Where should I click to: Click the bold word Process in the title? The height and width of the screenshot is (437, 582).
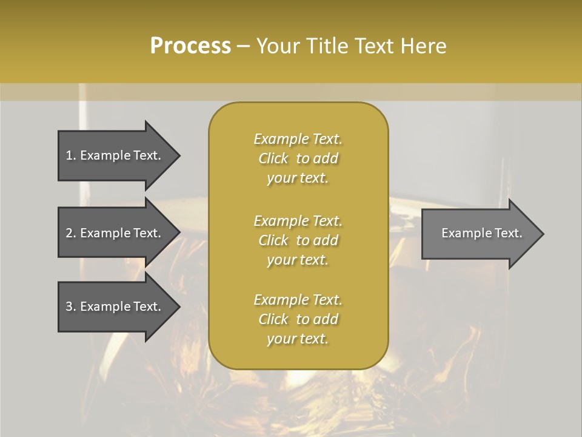click(x=190, y=46)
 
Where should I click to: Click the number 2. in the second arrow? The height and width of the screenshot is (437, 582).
click(x=71, y=233)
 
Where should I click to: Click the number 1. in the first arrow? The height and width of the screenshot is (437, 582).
click(x=71, y=155)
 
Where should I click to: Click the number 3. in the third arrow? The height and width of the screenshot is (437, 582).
click(x=71, y=307)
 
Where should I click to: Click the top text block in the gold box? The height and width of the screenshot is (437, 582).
click(x=298, y=158)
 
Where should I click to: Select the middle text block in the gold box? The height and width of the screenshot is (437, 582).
click(x=298, y=240)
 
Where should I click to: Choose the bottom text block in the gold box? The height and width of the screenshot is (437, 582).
click(x=298, y=319)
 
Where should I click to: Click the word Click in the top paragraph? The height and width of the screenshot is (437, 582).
click(x=273, y=159)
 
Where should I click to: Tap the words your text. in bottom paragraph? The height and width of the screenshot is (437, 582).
click(x=298, y=339)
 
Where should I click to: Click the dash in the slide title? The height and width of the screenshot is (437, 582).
click(x=244, y=47)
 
